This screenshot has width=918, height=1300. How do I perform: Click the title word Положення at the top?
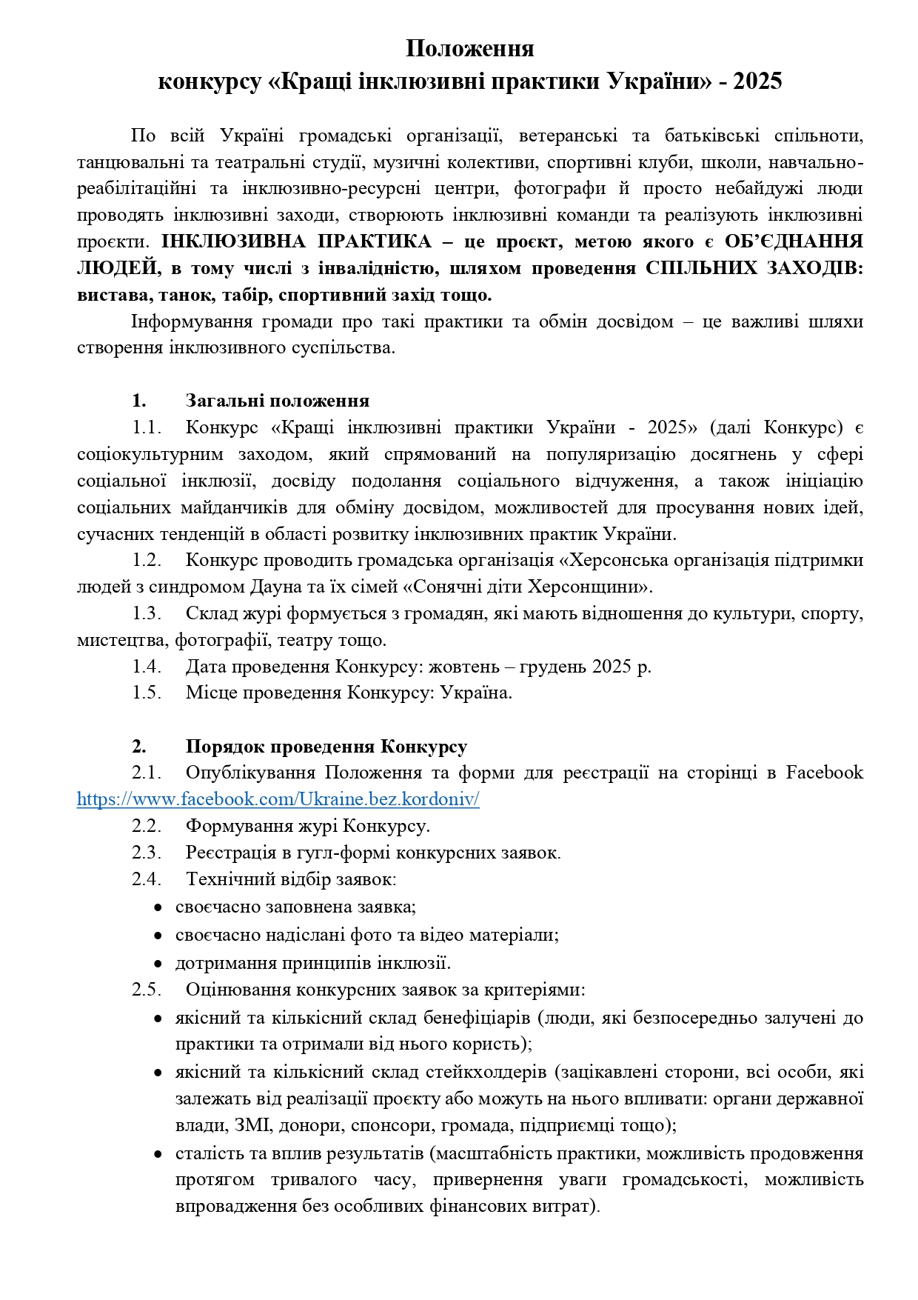point(469,49)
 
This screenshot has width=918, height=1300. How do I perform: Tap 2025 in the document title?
point(757,81)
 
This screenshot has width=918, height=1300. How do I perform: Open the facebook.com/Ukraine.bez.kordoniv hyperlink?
point(278,799)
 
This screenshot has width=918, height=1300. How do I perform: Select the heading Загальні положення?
point(277,401)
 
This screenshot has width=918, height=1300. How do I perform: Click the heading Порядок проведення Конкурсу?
point(326,747)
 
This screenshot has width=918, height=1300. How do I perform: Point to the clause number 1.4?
point(147,667)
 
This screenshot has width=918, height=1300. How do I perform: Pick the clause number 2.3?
point(147,853)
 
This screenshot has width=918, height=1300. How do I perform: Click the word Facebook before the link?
point(824,773)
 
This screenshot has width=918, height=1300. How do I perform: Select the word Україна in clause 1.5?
point(475,693)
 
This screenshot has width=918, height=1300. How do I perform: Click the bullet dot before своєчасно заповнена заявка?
point(158,907)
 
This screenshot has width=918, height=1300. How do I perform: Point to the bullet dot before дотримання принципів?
point(158,964)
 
